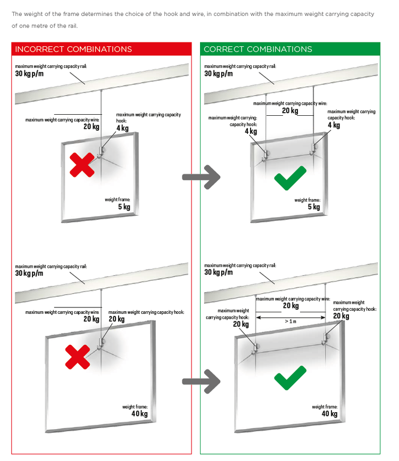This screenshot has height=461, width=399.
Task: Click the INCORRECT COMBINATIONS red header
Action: tap(73, 49)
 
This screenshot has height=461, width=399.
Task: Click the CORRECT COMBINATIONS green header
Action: tap(258, 49)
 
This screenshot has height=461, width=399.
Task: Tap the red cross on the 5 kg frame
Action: tap(82, 165)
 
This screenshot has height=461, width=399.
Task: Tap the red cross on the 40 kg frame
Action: tap(77, 356)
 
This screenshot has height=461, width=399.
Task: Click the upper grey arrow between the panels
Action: tap(201, 177)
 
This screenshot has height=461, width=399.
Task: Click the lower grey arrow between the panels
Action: tap(201, 381)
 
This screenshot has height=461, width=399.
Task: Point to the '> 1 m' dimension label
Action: tap(290, 321)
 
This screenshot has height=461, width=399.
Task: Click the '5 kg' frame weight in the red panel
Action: tap(124, 207)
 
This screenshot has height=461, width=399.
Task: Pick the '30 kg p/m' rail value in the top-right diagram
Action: tap(218, 74)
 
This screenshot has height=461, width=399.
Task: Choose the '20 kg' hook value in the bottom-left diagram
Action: tap(117, 319)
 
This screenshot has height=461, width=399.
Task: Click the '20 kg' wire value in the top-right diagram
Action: tap(290, 111)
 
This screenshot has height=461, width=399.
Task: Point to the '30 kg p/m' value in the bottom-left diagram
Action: tap(29, 274)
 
